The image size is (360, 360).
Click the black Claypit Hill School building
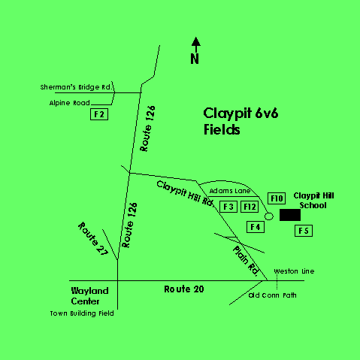coord(290,215)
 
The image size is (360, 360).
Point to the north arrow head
coord(196,41)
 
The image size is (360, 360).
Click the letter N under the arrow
coord(195,59)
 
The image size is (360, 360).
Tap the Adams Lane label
coord(230,191)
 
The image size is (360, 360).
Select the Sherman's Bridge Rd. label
coord(76,87)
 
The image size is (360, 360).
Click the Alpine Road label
coord(70,103)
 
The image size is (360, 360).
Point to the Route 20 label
coord(184,289)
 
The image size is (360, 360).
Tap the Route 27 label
coord(93,239)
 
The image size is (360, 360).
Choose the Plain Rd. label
coord(247,261)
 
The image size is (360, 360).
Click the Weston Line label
coord(294,271)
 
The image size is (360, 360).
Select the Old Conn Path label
coord(272,295)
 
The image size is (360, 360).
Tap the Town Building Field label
coord(82,313)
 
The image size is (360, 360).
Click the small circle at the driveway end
coord(269,213)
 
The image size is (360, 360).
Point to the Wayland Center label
coord(89,296)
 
